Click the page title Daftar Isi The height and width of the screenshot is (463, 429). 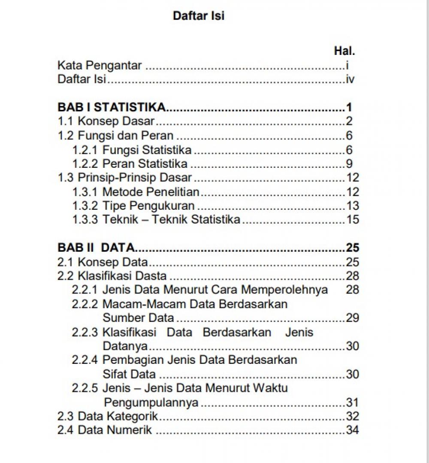pos(199,16)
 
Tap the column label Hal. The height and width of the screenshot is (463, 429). pos(344,51)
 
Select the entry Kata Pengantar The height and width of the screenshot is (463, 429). pos(100,66)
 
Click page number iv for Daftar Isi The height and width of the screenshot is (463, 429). pos(350,79)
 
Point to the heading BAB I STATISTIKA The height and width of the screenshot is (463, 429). pos(112,107)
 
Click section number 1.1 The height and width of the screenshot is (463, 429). pos(66,121)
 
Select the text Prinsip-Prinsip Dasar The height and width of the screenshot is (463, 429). pos(134,178)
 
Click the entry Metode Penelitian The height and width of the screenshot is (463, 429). pos(151,192)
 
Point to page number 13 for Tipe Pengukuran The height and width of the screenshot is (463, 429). pos(352,206)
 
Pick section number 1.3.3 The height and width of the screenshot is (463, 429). pos(85,220)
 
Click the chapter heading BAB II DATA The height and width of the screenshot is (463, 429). pos(97,248)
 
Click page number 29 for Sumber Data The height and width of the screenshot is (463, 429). pos(352,318)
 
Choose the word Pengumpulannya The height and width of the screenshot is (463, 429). pos(151,402)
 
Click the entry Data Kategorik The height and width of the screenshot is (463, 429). pos(118,416)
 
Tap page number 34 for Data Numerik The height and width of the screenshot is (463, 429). pos(352,430)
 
